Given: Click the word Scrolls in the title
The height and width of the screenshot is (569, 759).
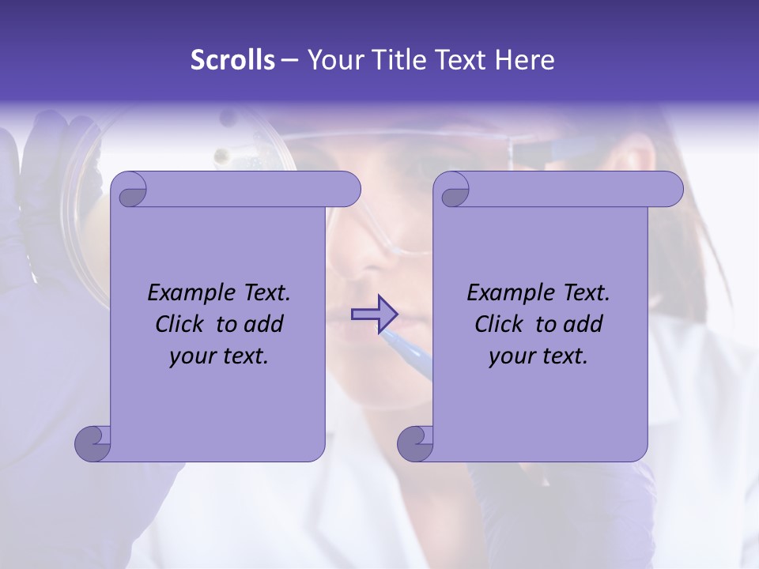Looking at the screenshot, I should [x=232, y=60].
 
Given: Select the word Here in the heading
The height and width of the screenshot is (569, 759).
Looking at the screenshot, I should [x=524, y=60].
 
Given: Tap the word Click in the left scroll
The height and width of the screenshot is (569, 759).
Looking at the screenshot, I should [x=179, y=325].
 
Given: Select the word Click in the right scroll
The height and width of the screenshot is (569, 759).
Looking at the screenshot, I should [x=499, y=325].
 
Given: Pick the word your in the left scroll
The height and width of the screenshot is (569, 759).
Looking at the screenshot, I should [x=190, y=357].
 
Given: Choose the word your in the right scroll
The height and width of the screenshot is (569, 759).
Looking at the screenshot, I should [x=509, y=357].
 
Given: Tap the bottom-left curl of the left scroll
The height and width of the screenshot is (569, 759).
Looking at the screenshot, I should [x=93, y=443].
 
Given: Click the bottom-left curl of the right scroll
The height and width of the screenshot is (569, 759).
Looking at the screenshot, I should [x=415, y=443].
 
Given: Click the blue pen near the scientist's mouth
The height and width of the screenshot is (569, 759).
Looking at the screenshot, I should [x=407, y=348].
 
